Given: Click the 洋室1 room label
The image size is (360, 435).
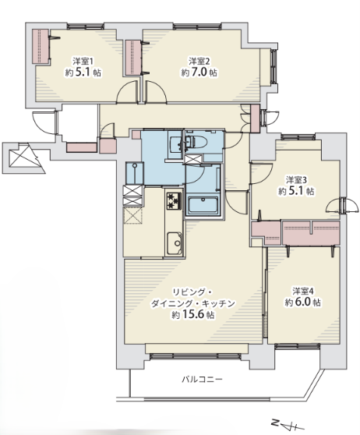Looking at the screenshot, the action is (x=83, y=61).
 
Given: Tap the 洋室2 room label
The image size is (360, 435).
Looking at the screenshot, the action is (x=199, y=61).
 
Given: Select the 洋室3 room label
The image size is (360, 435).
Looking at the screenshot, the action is (x=296, y=180).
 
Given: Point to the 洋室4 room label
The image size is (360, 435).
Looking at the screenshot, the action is (x=303, y=291).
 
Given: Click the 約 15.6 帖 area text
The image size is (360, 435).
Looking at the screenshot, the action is (x=193, y=314).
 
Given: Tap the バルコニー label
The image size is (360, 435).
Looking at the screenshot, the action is (x=202, y=379).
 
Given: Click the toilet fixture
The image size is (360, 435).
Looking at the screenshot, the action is (x=196, y=142).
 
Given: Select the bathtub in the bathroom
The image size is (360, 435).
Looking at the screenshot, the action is (x=203, y=205).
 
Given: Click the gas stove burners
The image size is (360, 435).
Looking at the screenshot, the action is (x=174, y=200).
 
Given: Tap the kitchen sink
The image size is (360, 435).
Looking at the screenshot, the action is (x=175, y=243).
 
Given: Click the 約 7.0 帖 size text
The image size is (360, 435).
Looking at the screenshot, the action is (x=199, y=72).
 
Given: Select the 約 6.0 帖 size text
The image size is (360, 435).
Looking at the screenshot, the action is (x=303, y=302).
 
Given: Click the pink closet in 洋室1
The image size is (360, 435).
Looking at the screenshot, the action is (x=41, y=46).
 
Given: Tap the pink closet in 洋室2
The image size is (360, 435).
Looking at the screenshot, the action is (x=133, y=58).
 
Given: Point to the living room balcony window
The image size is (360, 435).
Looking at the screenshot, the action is (x=196, y=356).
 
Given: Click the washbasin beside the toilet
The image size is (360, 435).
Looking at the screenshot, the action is (x=175, y=144).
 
